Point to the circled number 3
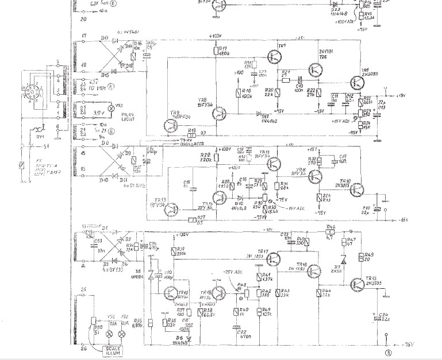(389, 352)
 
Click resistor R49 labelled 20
(360, 257)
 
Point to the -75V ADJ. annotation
(232, 273)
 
